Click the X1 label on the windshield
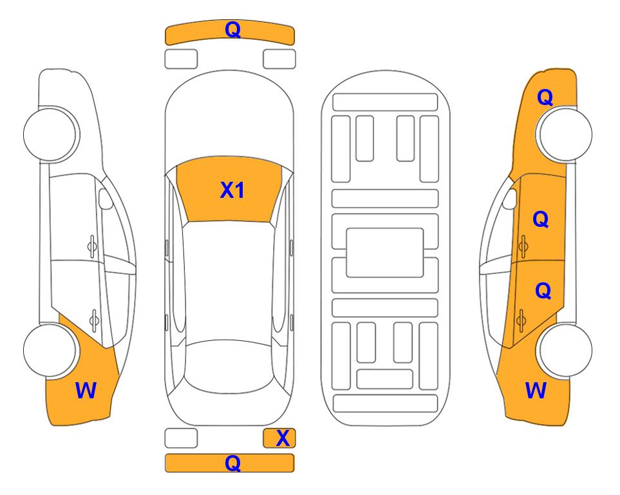tap(232, 190)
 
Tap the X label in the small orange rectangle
tap(283, 438)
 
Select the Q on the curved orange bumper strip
tap(232, 29)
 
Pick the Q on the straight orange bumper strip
tap(232, 463)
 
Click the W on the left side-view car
tap(86, 391)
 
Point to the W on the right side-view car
tap(536, 391)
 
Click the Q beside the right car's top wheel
tap(545, 97)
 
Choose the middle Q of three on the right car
tap(541, 219)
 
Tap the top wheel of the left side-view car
tap(50, 134)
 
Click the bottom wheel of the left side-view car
tap(50, 350)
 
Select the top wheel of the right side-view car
tap(565, 134)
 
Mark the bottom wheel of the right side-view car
tap(565, 350)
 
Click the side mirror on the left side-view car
tap(105, 199)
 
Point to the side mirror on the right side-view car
tap(510, 199)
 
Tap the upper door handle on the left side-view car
tap(92, 246)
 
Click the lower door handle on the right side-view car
tap(521, 320)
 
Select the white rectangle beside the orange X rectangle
tap(181, 438)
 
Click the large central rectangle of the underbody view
tap(385, 253)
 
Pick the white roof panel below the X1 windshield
tap(229, 282)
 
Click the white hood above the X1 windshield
tap(229, 119)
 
